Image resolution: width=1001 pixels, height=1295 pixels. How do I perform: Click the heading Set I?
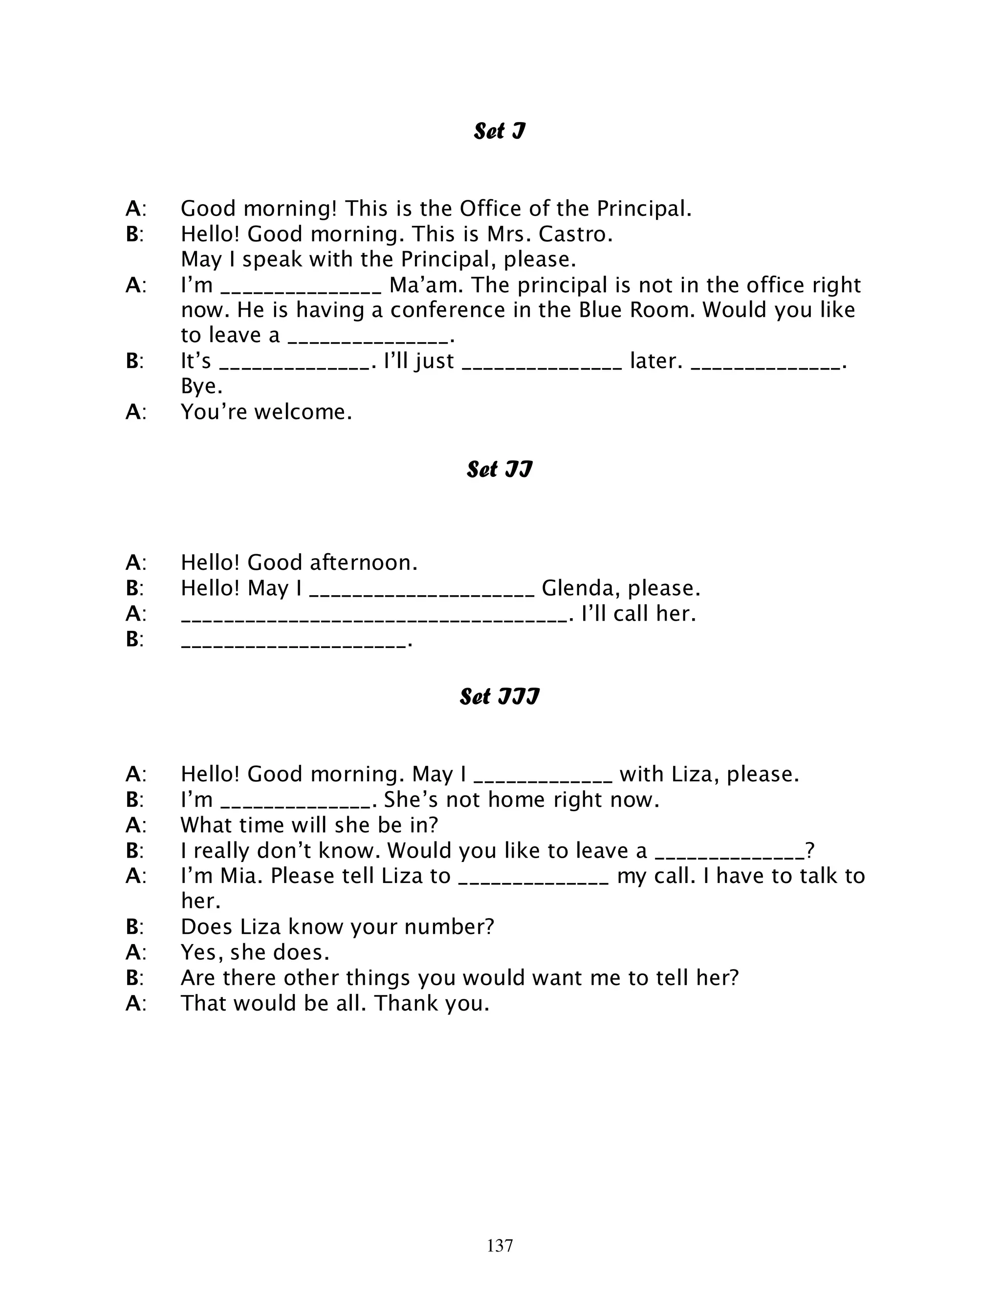point(500,131)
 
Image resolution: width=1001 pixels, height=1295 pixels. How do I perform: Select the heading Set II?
point(500,469)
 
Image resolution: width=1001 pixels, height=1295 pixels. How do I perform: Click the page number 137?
point(500,1245)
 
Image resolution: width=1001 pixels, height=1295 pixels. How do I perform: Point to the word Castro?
point(575,234)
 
